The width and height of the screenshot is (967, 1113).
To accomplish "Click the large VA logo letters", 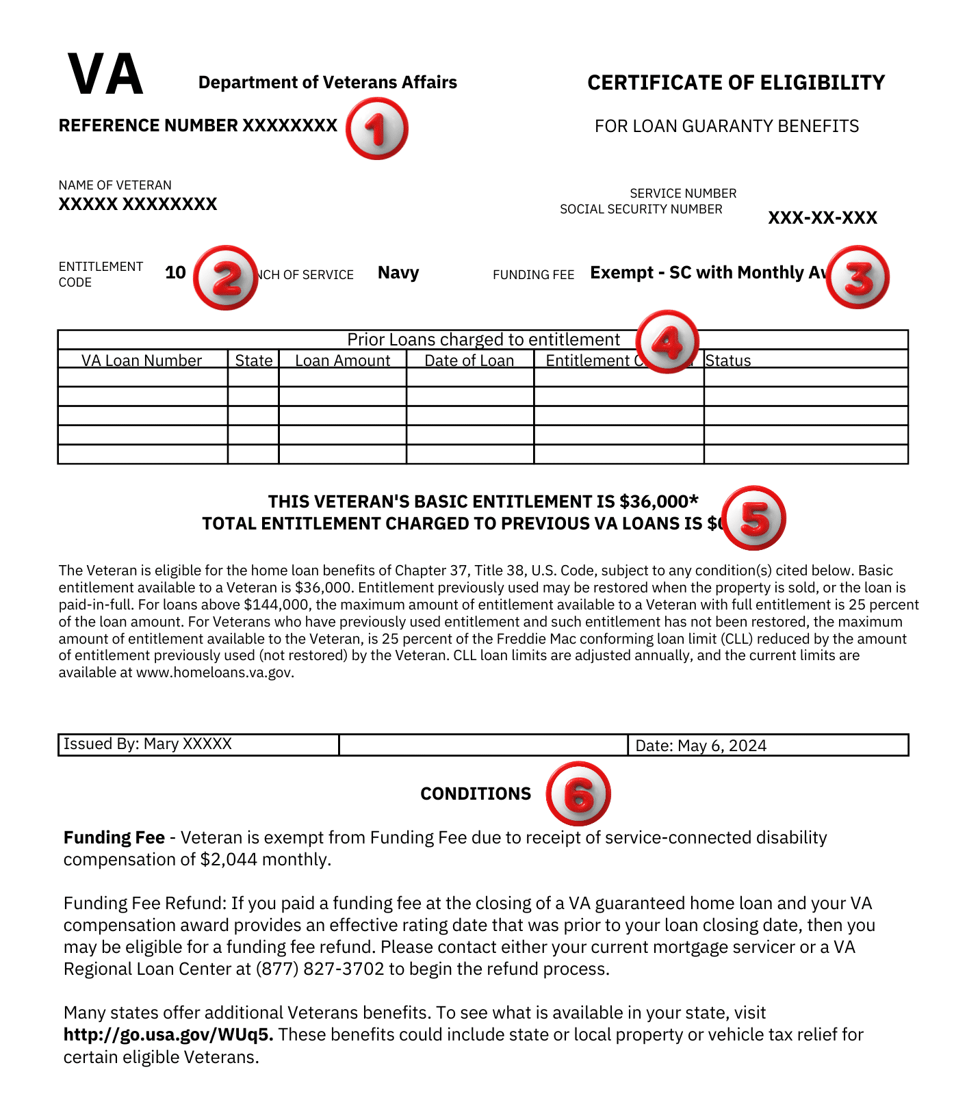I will (x=105, y=75).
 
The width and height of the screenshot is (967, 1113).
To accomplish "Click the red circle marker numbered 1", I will (x=376, y=129).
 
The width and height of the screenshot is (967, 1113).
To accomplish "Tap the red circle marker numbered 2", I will (x=225, y=278).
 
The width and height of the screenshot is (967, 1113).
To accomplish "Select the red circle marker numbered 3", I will (x=858, y=277).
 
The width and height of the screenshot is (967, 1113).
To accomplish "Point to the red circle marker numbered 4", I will (x=667, y=341).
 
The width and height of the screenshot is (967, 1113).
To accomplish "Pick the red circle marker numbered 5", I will (x=754, y=518).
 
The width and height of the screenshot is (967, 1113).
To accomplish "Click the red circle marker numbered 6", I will (x=578, y=794).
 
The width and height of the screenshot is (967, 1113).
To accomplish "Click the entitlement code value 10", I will (x=175, y=273).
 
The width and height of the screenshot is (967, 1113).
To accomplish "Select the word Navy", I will (x=398, y=273).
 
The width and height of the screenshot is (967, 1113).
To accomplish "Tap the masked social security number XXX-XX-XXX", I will (x=822, y=218).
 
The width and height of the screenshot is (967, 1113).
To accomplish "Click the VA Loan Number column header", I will (x=142, y=361).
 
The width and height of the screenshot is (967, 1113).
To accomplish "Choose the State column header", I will (x=253, y=361).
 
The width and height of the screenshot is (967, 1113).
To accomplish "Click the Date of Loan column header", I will (x=469, y=361).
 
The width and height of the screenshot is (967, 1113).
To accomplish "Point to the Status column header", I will (x=728, y=361).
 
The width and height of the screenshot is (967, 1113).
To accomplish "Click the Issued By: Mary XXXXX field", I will (x=148, y=744).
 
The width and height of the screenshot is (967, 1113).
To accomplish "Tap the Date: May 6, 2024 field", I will (x=701, y=746).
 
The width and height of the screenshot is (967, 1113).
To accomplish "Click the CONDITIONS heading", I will (x=476, y=794).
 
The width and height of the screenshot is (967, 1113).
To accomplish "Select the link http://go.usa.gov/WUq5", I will (x=168, y=1034).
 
